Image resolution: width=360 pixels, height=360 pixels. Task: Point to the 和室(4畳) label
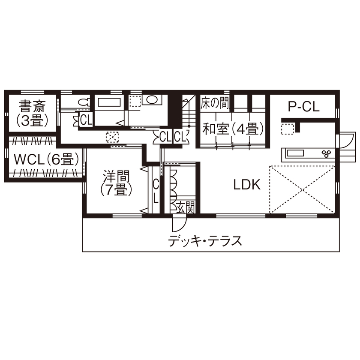tap(233, 129)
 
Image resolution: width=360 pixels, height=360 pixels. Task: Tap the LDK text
tap(247, 185)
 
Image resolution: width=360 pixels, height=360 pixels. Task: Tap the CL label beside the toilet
tap(86, 120)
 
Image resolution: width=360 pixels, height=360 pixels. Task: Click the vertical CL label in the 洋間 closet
tap(156, 191)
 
